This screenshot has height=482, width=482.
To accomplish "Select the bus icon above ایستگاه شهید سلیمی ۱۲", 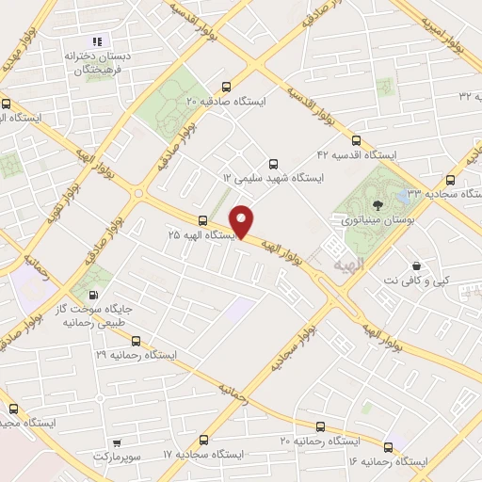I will click(x=274, y=162).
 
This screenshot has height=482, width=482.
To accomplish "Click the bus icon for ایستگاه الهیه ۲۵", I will click(x=203, y=219).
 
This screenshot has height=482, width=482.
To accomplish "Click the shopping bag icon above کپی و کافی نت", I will click(x=415, y=265).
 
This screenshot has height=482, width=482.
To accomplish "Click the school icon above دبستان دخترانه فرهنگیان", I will click(x=96, y=41).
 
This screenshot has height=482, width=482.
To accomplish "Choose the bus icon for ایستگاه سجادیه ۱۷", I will click(x=204, y=439).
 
